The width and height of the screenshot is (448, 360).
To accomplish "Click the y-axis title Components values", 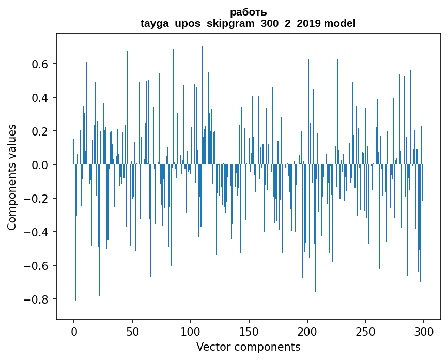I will point(12,177).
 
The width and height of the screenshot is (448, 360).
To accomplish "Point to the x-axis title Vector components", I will point(248,347).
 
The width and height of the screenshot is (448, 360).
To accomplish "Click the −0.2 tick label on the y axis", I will point(38,199).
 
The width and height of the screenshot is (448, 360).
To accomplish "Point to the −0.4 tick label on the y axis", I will point(38,232).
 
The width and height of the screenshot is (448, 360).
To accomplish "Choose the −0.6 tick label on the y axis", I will point(38,266).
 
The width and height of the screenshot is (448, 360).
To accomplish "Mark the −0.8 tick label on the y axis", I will point(38,299).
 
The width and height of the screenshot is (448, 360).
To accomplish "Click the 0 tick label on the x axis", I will point(74,331).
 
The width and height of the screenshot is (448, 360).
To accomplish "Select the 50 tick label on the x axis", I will point(132,331).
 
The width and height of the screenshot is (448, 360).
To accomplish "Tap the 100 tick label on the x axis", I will point(191,331).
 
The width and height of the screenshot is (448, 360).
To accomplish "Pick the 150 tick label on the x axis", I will point(249,331).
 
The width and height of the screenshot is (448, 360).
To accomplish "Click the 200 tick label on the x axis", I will point(307,331).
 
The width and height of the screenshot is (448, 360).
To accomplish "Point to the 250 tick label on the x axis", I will point(366,331).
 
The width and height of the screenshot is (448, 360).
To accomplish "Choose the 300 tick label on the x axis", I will point(424,331).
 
